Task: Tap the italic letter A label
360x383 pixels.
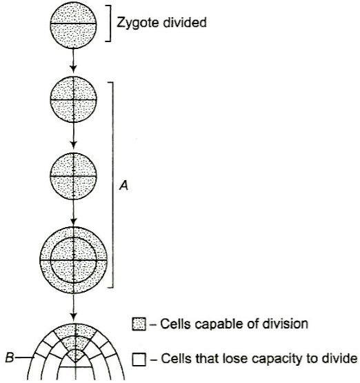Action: tap(123, 186)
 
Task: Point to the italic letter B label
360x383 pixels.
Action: tap(10, 358)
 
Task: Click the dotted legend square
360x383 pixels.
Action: tap(139, 324)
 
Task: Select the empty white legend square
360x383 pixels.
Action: tap(139, 360)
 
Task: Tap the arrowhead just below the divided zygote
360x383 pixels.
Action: tap(74, 68)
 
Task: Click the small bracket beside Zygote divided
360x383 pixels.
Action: tap(109, 23)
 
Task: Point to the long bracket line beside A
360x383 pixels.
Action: tap(112, 185)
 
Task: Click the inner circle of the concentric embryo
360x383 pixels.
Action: tap(73, 237)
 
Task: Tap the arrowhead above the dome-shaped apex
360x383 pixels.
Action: tap(74, 317)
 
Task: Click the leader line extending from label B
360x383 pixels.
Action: tap(25, 358)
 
